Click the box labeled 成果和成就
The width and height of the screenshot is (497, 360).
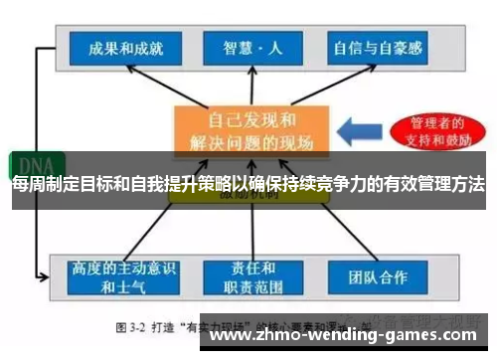click(x=118, y=47)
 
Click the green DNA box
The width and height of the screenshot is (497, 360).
click(x=33, y=165)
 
